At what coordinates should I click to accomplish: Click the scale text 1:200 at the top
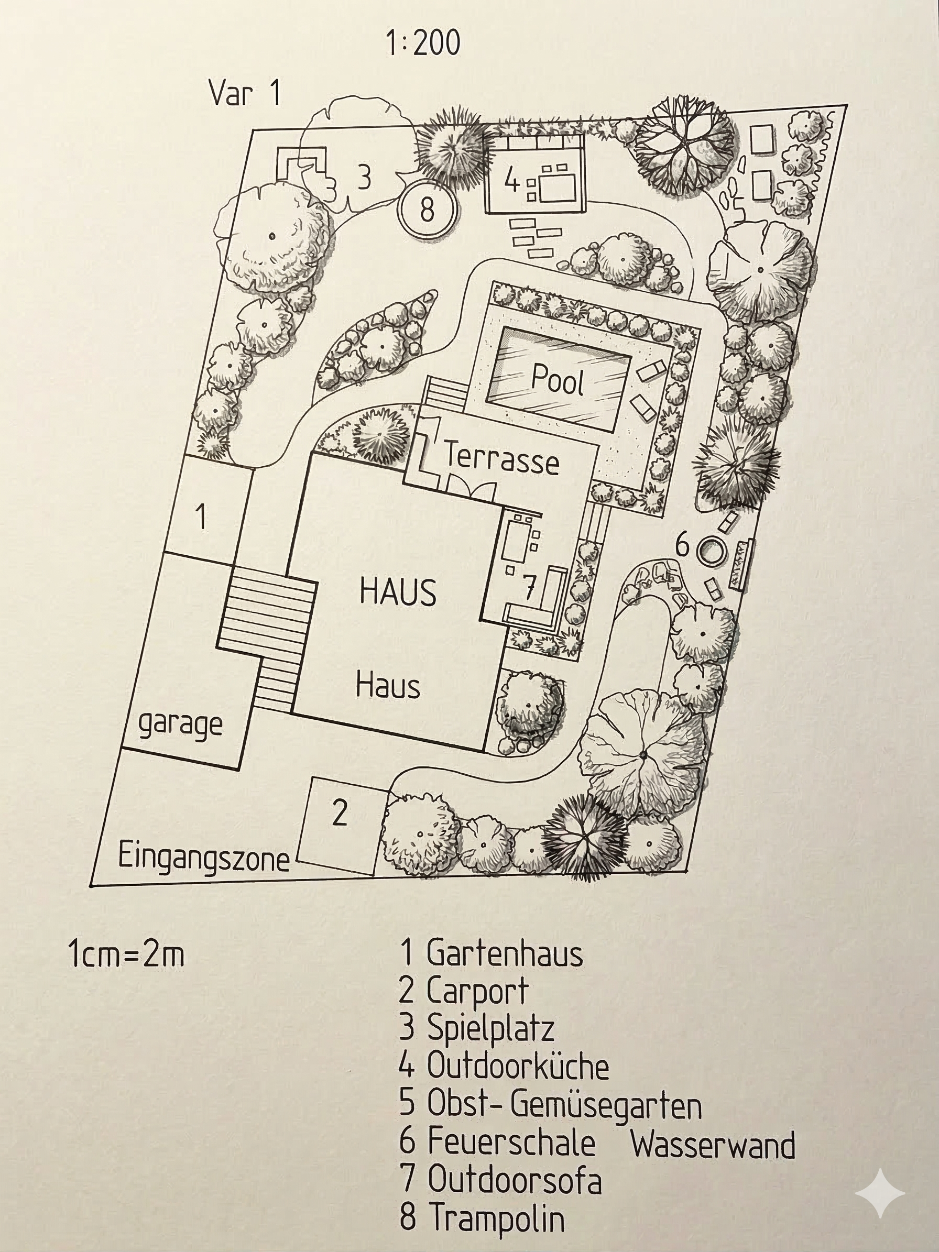423,43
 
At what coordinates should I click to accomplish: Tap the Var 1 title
245,92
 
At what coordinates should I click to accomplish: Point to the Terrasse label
501,457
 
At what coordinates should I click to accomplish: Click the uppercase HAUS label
398,592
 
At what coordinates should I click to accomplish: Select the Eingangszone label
204,858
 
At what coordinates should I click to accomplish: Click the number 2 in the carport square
339,814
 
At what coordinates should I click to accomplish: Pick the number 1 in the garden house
200,516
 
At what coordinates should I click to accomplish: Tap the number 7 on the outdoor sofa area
528,589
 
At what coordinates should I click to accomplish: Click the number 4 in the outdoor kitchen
511,181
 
